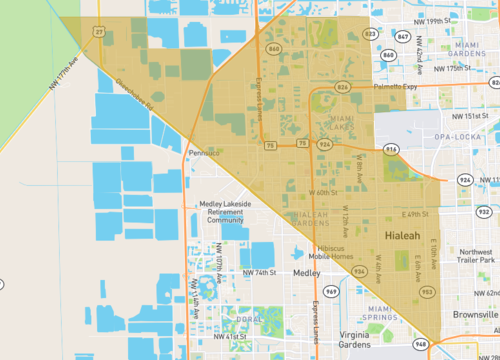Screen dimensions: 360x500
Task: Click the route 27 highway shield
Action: click(99, 31)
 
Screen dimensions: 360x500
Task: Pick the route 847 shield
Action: click(402, 37)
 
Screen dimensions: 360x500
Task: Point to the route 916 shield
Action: click(390, 150)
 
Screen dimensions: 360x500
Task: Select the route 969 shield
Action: click(331, 291)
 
